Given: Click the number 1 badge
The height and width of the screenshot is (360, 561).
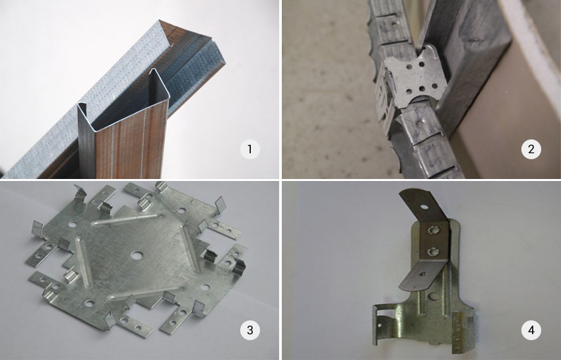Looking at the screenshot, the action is point(249,149).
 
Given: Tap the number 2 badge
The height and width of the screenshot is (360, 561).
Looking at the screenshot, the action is point(531,149).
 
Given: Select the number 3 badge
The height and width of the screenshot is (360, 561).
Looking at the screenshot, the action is point(249,330).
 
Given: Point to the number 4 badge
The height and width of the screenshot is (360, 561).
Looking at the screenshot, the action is point(531,330).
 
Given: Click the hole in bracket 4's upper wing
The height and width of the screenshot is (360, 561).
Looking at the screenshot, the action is point(424,207).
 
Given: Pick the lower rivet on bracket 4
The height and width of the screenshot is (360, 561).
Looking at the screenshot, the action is point(432,252).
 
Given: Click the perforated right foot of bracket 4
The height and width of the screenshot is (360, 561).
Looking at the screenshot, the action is point(463,331).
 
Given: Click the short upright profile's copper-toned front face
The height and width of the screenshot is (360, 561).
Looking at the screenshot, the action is point(131,143).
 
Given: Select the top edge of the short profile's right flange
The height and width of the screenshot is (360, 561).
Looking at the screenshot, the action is point(159,83).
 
